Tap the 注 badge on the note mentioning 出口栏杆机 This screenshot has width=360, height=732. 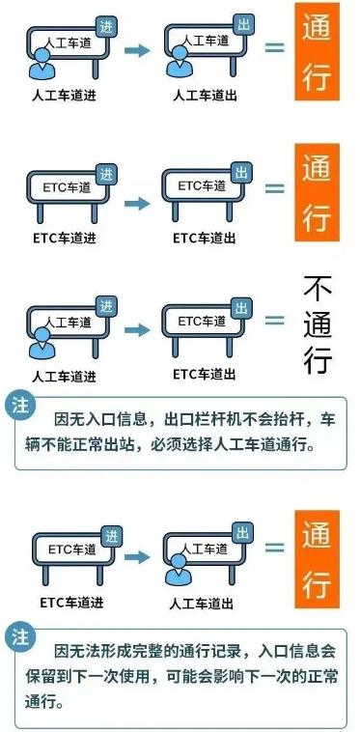click(18, 407)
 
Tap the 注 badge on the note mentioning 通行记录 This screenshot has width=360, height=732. click(18, 636)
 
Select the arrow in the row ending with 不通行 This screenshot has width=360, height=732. click(138, 329)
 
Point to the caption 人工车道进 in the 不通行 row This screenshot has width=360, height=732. click(64, 377)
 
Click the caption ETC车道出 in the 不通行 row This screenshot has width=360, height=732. click(205, 374)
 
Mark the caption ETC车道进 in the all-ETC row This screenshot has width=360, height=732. click(65, 237)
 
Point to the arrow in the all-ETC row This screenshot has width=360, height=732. click(138, 203)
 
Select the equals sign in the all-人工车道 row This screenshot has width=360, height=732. click(275, 45)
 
